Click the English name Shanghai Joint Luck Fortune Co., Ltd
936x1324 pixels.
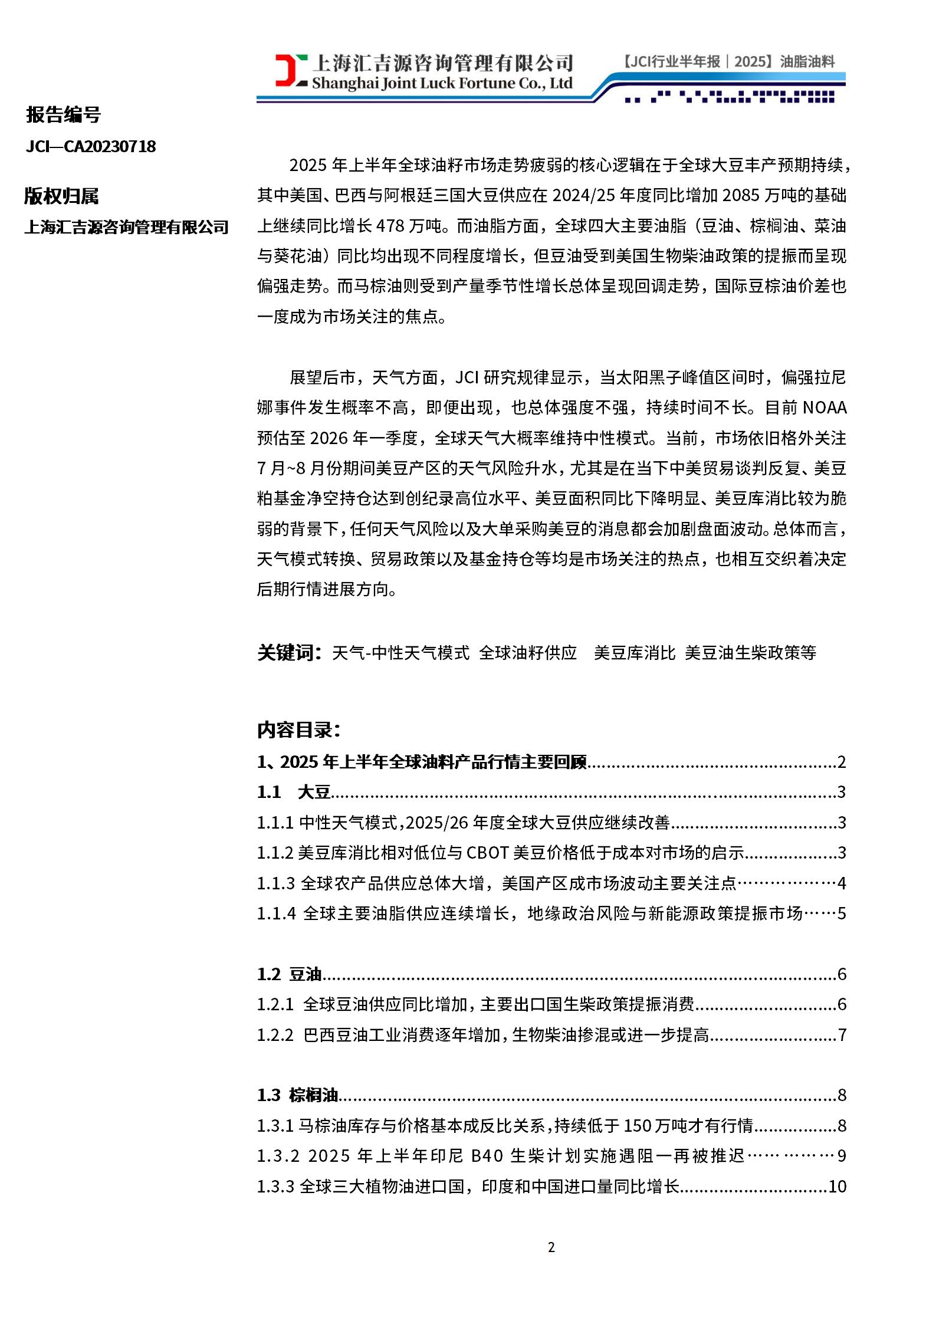pos(442,83)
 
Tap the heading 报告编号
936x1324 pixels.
pos(63,114)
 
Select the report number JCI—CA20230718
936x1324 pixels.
pos(91,146)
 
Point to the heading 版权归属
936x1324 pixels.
pos(61,196)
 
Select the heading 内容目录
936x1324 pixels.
pos(298,730)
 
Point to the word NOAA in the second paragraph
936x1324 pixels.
pos(824,408)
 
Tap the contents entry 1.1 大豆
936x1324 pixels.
pos(294,792)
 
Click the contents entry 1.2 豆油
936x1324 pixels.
pos(289,974)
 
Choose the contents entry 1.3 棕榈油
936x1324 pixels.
pos(297,1095)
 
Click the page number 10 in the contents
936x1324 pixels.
pos(838,1187)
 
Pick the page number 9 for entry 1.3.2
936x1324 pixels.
pos(842,1156)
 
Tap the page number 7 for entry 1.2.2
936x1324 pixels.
pos(842,1035)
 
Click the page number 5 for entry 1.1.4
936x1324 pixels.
pos(842,914)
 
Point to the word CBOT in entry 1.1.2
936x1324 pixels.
pos(487,853)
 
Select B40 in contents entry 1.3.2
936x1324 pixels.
pos(487,1156)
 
